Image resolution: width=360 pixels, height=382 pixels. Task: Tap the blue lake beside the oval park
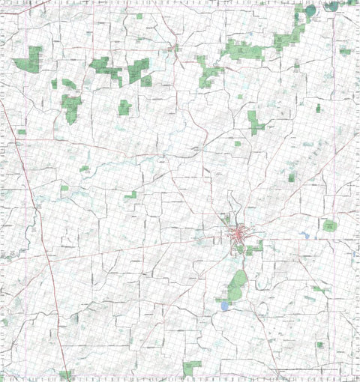[x=224, y=306]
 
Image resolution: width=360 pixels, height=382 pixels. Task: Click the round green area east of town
[x=329, y=225]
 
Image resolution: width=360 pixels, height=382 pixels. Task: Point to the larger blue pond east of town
[x=304, y=234]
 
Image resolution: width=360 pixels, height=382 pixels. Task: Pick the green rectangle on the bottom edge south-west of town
[x=192, y=367]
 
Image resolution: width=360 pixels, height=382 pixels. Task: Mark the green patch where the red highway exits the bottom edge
[x=66, y=374]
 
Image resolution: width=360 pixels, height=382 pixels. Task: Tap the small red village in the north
[x=174, y=49]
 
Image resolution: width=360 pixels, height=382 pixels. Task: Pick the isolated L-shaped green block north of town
[x=255, y=121]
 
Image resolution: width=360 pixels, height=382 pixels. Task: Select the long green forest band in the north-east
[x=289, y=37]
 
